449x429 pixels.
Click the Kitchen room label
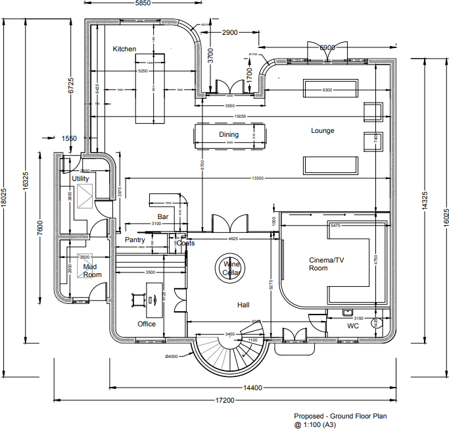point(124,49)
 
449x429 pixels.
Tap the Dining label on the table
point(229,135)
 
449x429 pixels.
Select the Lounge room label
point(323,131)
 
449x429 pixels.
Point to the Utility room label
point(81,179)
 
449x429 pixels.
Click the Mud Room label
point(92,270)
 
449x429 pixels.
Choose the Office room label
point(147,324)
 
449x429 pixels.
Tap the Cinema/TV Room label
point(327,264)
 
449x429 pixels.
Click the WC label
point(352,326)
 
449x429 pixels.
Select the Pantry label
point(135,240)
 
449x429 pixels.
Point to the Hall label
point(244,305)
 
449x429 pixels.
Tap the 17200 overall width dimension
point(225,400)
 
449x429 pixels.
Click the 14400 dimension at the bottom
point(252,388)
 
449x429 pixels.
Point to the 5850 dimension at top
point(143,4)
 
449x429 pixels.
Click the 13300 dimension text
point(257,178)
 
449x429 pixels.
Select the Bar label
point(163,216)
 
